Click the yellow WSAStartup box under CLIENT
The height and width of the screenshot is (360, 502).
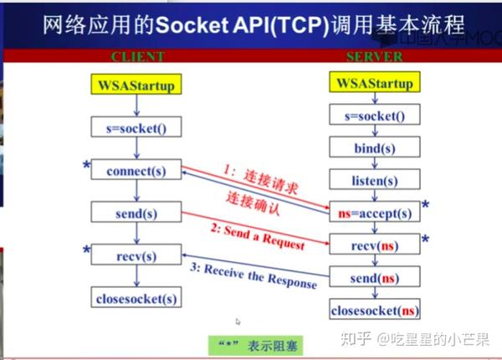[136, 85]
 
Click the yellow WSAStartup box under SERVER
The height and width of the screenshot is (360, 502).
[374, 84]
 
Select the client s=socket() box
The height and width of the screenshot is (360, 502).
[136, 127]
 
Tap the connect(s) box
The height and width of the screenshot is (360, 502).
[136, 171]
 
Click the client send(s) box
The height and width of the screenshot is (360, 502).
[136, 214]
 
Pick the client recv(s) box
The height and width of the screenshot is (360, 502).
[136, 255]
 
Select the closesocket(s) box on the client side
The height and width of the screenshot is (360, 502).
[136, 298]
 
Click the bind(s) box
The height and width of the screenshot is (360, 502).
[374, 148]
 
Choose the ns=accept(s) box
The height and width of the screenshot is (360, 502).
[374, 213]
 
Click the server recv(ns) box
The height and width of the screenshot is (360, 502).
[374, 246]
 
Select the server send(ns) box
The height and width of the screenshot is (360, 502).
[374, 277]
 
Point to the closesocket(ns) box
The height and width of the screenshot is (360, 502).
[374, 311]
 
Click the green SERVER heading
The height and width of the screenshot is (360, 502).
[374, 57]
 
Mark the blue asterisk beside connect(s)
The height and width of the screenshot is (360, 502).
[86, 167]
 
